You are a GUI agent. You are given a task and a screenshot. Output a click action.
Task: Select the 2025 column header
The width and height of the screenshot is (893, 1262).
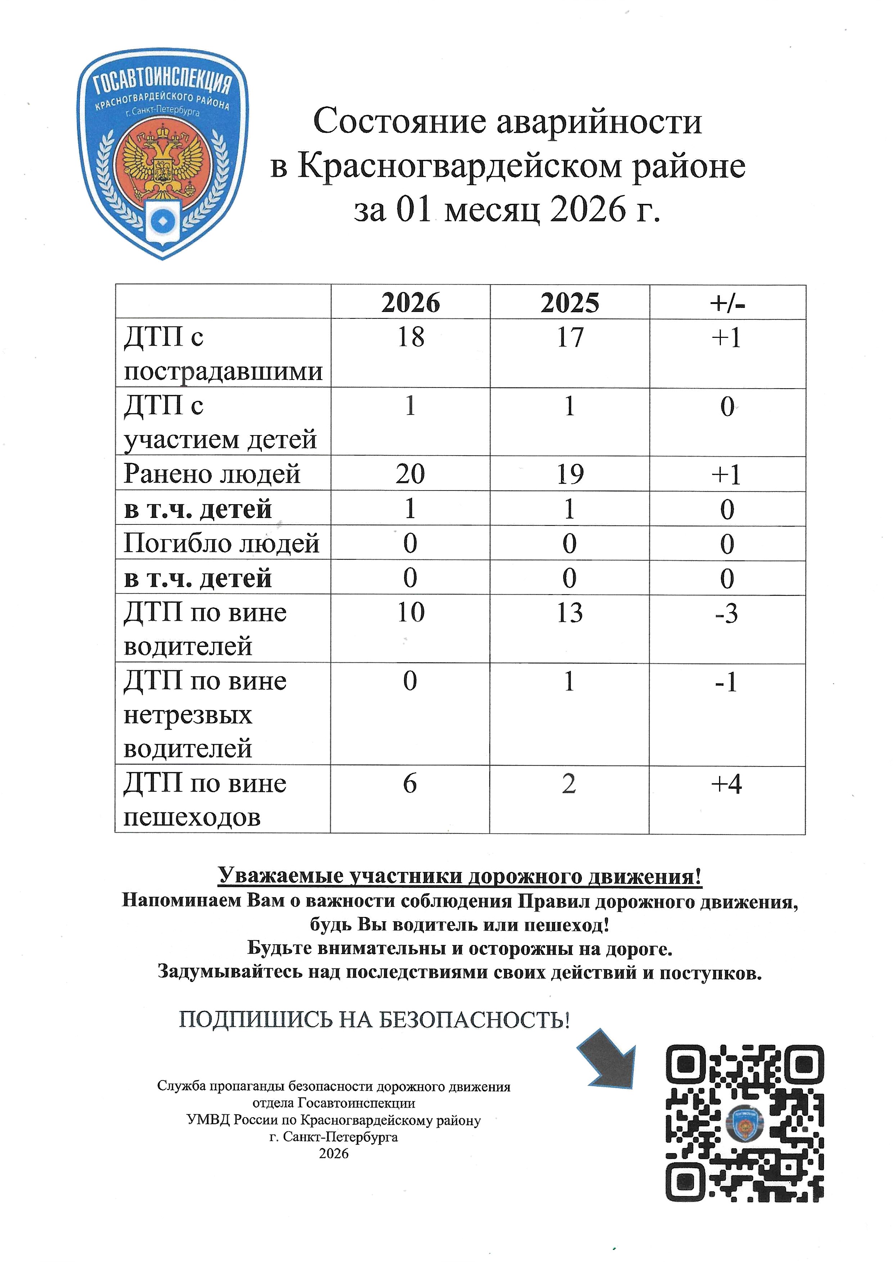click(x=570, y=303)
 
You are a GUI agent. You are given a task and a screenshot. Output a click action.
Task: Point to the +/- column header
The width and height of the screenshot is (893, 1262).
click(x=727, y=303)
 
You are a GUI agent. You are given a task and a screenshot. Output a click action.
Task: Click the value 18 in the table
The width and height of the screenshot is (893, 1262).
click(x=411, y=337)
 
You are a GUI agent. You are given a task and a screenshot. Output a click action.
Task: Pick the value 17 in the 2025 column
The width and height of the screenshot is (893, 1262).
click(x=570, y=337)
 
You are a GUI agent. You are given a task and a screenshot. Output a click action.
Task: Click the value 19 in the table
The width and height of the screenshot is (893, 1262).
click(x=570, y=474)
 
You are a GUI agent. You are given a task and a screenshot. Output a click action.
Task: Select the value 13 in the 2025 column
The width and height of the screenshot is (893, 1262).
click(x=570, y=613)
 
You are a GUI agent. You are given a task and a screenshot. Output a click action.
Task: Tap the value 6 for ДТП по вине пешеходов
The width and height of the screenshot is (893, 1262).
click(x=410, y=784)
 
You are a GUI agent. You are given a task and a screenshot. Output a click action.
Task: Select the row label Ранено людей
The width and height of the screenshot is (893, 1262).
click(x=212, y=474)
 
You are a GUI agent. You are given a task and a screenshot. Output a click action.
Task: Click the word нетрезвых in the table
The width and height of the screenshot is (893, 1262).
click(x=188, y=715)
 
